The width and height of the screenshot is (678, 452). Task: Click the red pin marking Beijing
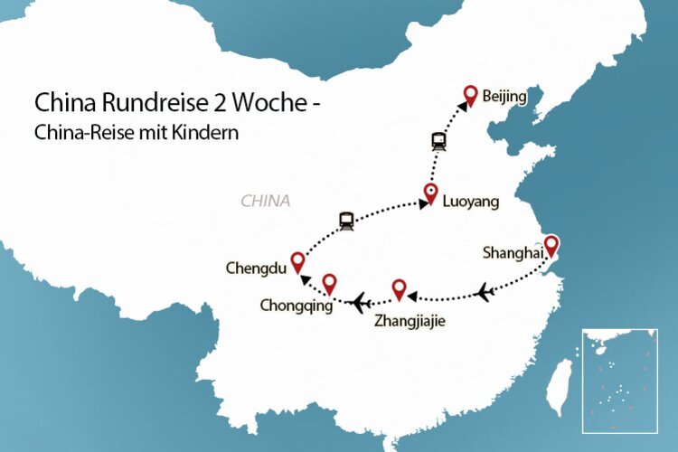point(470,94)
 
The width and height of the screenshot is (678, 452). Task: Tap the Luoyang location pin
point(431,193)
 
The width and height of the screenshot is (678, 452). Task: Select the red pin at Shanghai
point(550,244)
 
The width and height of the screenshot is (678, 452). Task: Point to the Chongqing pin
point(329,283)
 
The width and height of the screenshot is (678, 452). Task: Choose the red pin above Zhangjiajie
point(399,289)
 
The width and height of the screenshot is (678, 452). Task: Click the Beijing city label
point(504,96)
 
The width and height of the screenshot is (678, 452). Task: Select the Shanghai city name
point(513,252)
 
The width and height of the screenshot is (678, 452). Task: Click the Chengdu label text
point(257,268)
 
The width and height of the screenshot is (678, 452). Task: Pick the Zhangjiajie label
point(410,319)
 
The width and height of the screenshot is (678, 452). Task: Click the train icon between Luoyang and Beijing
point(438,141)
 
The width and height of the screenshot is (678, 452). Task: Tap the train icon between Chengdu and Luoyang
point(344,220)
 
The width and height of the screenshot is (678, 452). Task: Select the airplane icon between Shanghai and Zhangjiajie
point(485,292)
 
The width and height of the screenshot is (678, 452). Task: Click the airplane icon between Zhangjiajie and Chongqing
point(361,300)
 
